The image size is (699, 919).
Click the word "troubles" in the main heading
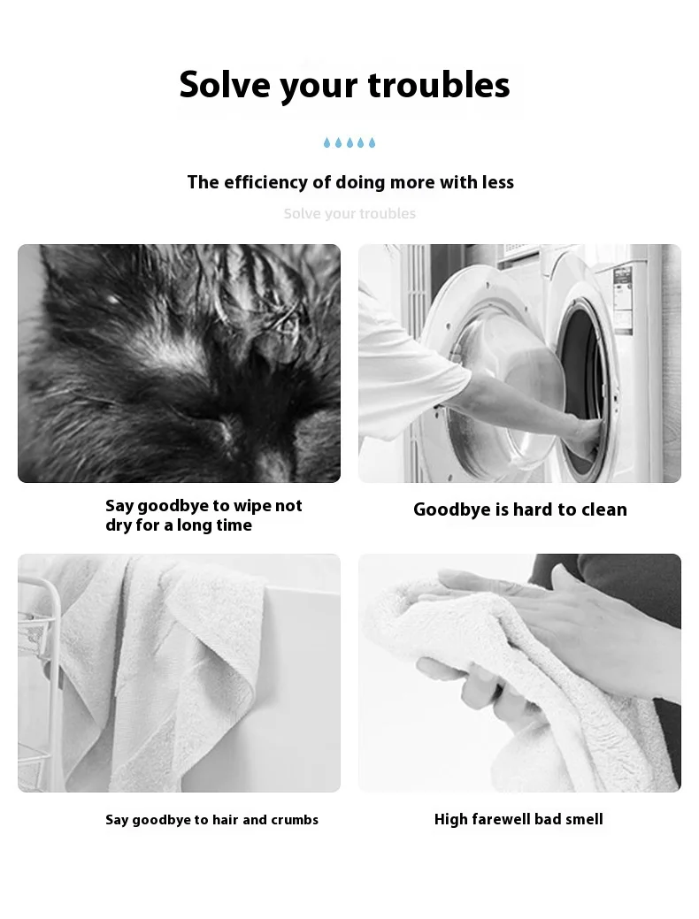(x=439, y=84)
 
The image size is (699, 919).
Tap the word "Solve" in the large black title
(x=224, y=84)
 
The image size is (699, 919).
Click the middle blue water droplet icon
(x=349, y=142)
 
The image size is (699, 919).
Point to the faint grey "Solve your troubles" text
(x=349, y=213)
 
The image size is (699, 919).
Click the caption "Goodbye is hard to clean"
(x=520, y=509)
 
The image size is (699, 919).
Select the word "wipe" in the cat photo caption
(x=254, y=507)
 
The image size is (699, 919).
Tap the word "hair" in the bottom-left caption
(x=225, y=819)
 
